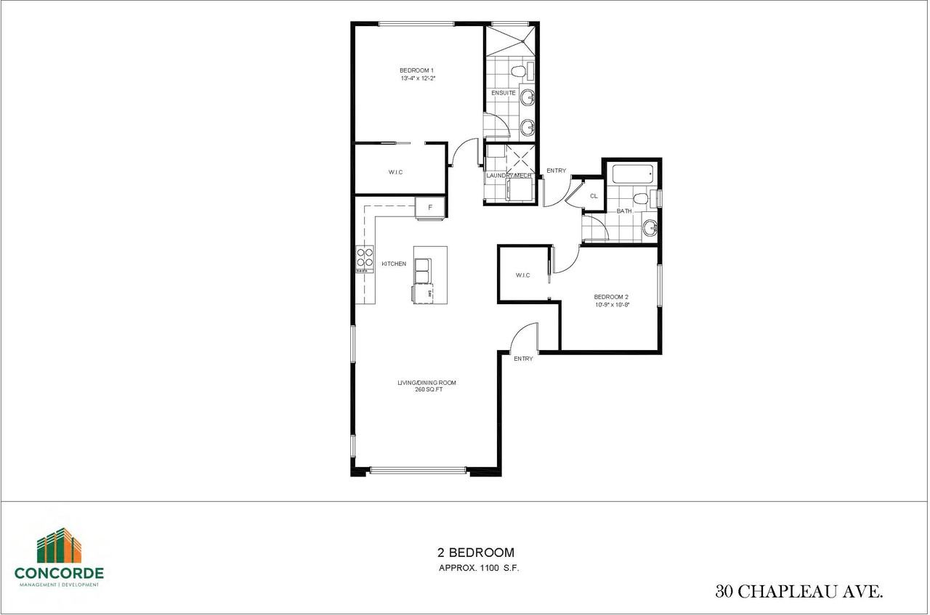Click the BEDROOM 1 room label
[416, 70]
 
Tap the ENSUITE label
[503, 93]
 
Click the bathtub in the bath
[632, 174]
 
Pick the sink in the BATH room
[650, 229]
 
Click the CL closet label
[594, 196]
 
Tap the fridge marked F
[429, 208]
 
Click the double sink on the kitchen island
[422, 269]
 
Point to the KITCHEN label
[394, 264]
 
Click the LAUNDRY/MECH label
[509, 175]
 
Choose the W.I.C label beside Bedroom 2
[522, 275]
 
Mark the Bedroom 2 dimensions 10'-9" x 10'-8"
[611, 305]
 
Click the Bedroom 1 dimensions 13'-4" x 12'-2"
[416, 78]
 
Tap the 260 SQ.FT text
[426, 391]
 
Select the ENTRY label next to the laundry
[556, 171]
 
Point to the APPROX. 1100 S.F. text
[478, 569]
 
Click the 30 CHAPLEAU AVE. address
[799, 592]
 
